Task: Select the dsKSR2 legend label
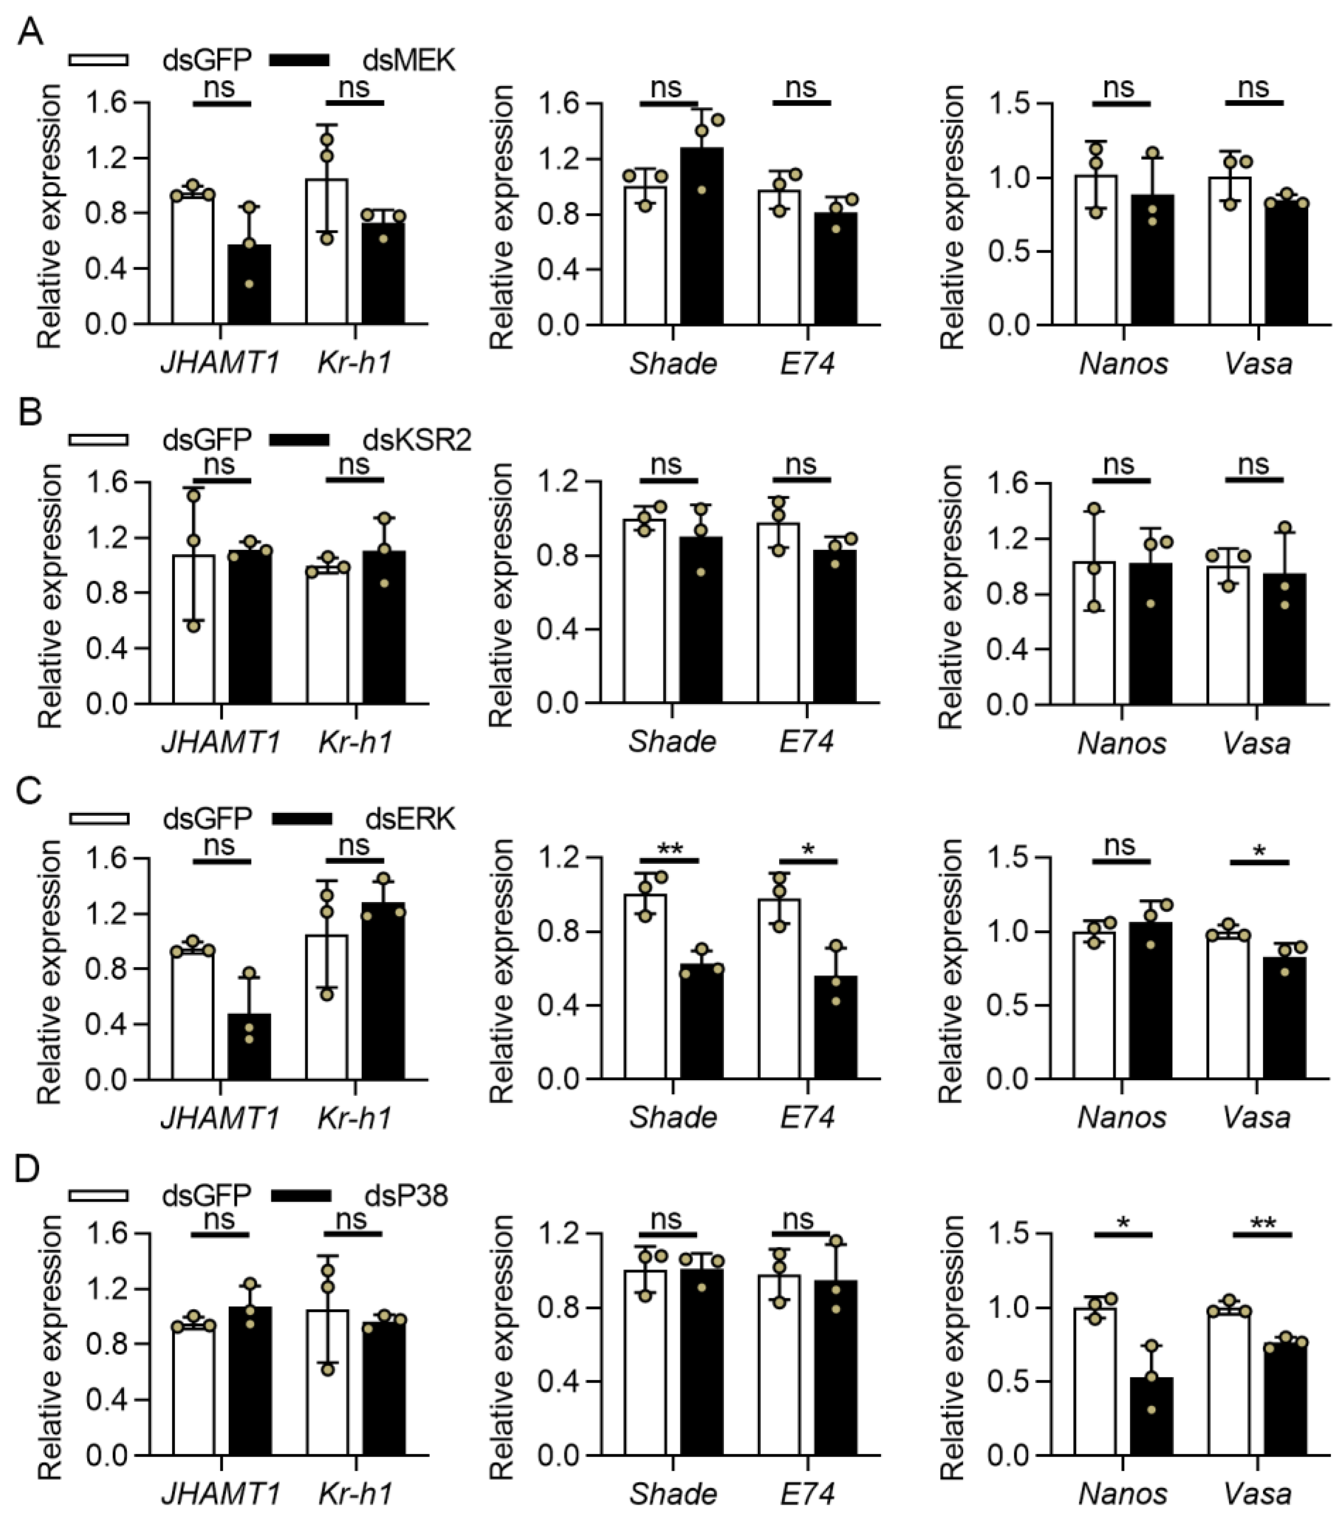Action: click(x=417, y=439)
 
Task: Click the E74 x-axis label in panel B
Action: click(x=806, y=741)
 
